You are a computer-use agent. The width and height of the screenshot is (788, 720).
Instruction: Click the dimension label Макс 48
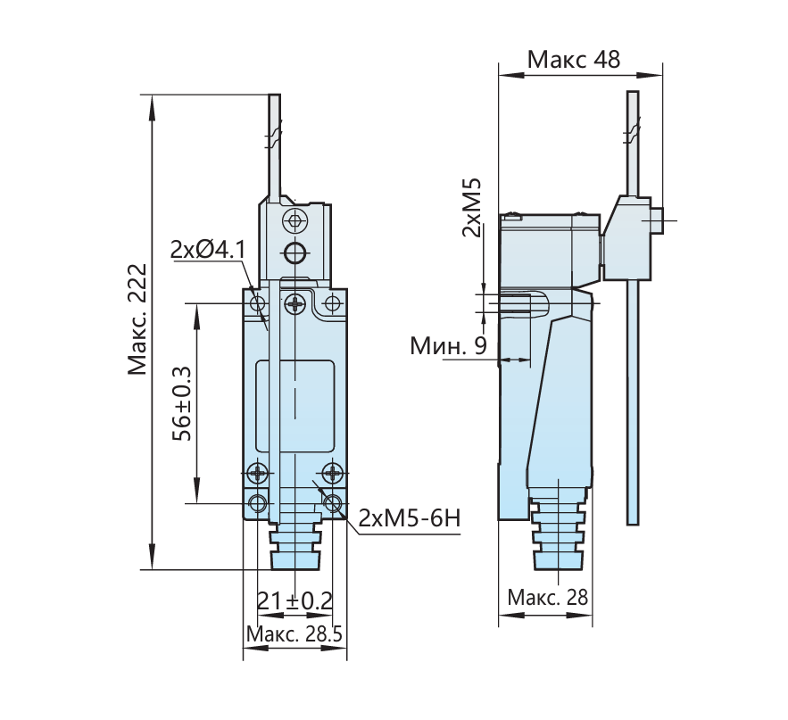(x=574, y=59)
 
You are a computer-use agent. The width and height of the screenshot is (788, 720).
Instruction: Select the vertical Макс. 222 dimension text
(x=137, y=319)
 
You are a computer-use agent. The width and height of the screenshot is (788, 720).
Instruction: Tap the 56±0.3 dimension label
(x=182, y=403)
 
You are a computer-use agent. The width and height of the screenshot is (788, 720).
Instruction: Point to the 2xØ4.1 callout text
(x=208, y=249)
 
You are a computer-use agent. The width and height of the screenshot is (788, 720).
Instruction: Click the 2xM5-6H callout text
(x=410, y=518)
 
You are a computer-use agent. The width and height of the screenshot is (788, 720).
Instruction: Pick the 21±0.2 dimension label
(x=294, y=600)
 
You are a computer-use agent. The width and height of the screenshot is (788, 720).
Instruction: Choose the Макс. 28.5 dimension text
(x=294, y=633)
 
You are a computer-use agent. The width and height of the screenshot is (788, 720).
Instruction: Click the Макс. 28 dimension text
(x=547, y=597)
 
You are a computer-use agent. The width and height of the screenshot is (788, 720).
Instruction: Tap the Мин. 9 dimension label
(x=448, y=345)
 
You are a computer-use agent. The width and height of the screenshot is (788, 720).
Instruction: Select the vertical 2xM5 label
(x=472, y=207)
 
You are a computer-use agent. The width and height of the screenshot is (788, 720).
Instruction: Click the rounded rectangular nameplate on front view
(x=295, y=406)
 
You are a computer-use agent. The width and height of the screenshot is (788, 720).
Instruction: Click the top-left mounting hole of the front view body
(x=258, y=303)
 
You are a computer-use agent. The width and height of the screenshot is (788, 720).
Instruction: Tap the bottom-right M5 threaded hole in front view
(x=332, y=503)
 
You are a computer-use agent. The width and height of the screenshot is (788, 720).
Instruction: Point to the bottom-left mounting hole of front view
(x=258, y=503)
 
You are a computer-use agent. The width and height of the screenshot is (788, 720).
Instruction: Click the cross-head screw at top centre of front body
(x=295, y=303)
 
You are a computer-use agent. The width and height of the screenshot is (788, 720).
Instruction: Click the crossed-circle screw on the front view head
(x=294, y=220)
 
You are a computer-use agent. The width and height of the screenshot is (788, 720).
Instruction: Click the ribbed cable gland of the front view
(x=295, y=545)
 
